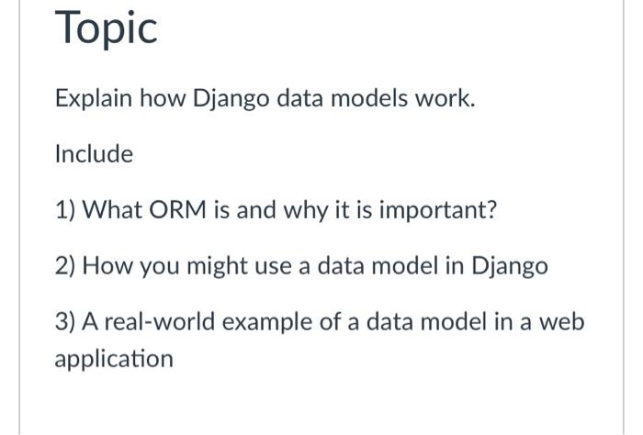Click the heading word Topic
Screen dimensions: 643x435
[x=106, y=28]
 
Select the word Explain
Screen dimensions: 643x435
[x=94, y=99]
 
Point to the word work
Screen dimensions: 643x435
[x=442, y=98]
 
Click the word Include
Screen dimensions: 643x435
[x=94, y=154]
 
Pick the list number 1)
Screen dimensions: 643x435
[x=65, y=210]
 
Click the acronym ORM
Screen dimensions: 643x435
[x=177, y=210]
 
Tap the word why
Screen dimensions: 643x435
[x=306, y=211]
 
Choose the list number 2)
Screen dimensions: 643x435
[x=65, y=266]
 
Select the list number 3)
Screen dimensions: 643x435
[x=65, y=322]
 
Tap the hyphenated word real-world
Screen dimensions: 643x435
[x=160, y=321]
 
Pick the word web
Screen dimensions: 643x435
[x=561, y=321]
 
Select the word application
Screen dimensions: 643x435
[x=114, y=360]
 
